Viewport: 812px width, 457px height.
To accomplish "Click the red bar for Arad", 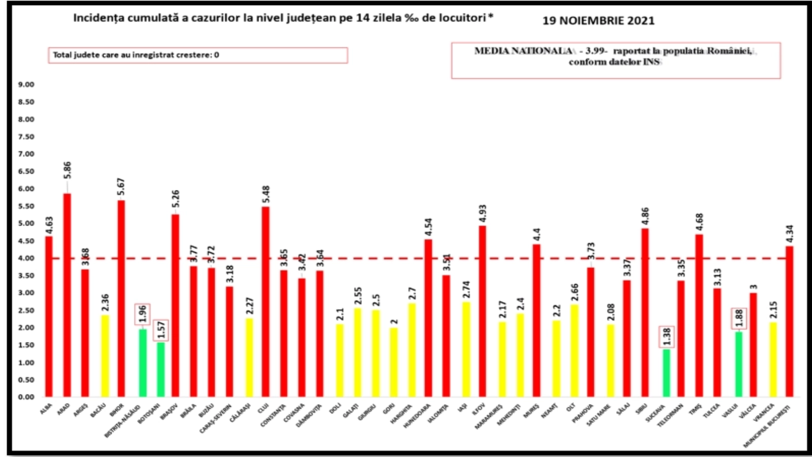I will pos(67,295).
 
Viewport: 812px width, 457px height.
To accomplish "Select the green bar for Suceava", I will pos(666,373).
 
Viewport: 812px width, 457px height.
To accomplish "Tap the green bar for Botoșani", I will pos(160,369).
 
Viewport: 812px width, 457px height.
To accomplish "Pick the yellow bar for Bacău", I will pos(105,355).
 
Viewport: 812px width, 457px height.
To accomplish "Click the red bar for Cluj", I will pos(265,302).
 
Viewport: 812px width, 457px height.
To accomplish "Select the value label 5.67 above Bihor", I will pos(121,187).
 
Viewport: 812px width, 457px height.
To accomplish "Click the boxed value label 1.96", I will pos(143,313).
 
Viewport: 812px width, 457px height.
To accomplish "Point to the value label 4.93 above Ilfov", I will pos(483,213).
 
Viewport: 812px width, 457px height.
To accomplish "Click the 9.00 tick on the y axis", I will pos(26,84).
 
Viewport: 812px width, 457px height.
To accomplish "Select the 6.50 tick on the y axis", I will pos(26,171).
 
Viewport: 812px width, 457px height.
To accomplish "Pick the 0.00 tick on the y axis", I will pos(26,397).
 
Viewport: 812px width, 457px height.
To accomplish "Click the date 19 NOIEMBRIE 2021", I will pos(598,21).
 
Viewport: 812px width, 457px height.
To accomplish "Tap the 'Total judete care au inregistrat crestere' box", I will pos(198,55).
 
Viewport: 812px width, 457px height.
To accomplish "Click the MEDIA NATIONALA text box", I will pos(616,60).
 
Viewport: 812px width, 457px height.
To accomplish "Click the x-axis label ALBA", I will pos(46,409).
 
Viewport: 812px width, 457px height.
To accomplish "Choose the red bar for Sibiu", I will pos(645,312).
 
